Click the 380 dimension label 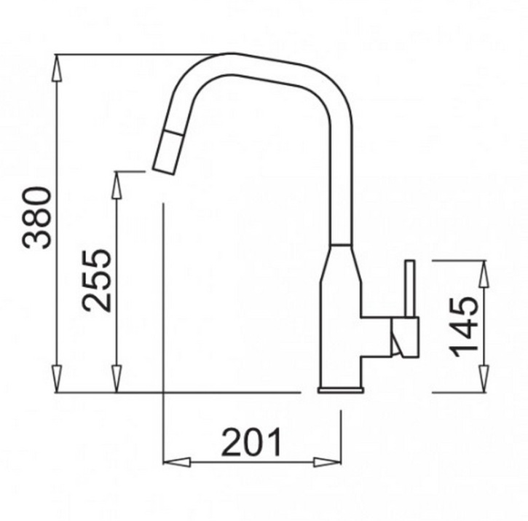click(x=36, y=218)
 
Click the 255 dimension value click(x=96, y=281)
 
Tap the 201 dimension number click(x=251, y=442)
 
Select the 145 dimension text click(x=465, y=326)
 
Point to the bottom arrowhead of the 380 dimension click(x=58, y=379)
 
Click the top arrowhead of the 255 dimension click(x=117, y=185)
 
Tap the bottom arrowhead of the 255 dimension click(x=117, y=379)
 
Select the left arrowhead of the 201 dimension click(x=177, y=462)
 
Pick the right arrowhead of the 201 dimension click(x=327, y=462)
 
